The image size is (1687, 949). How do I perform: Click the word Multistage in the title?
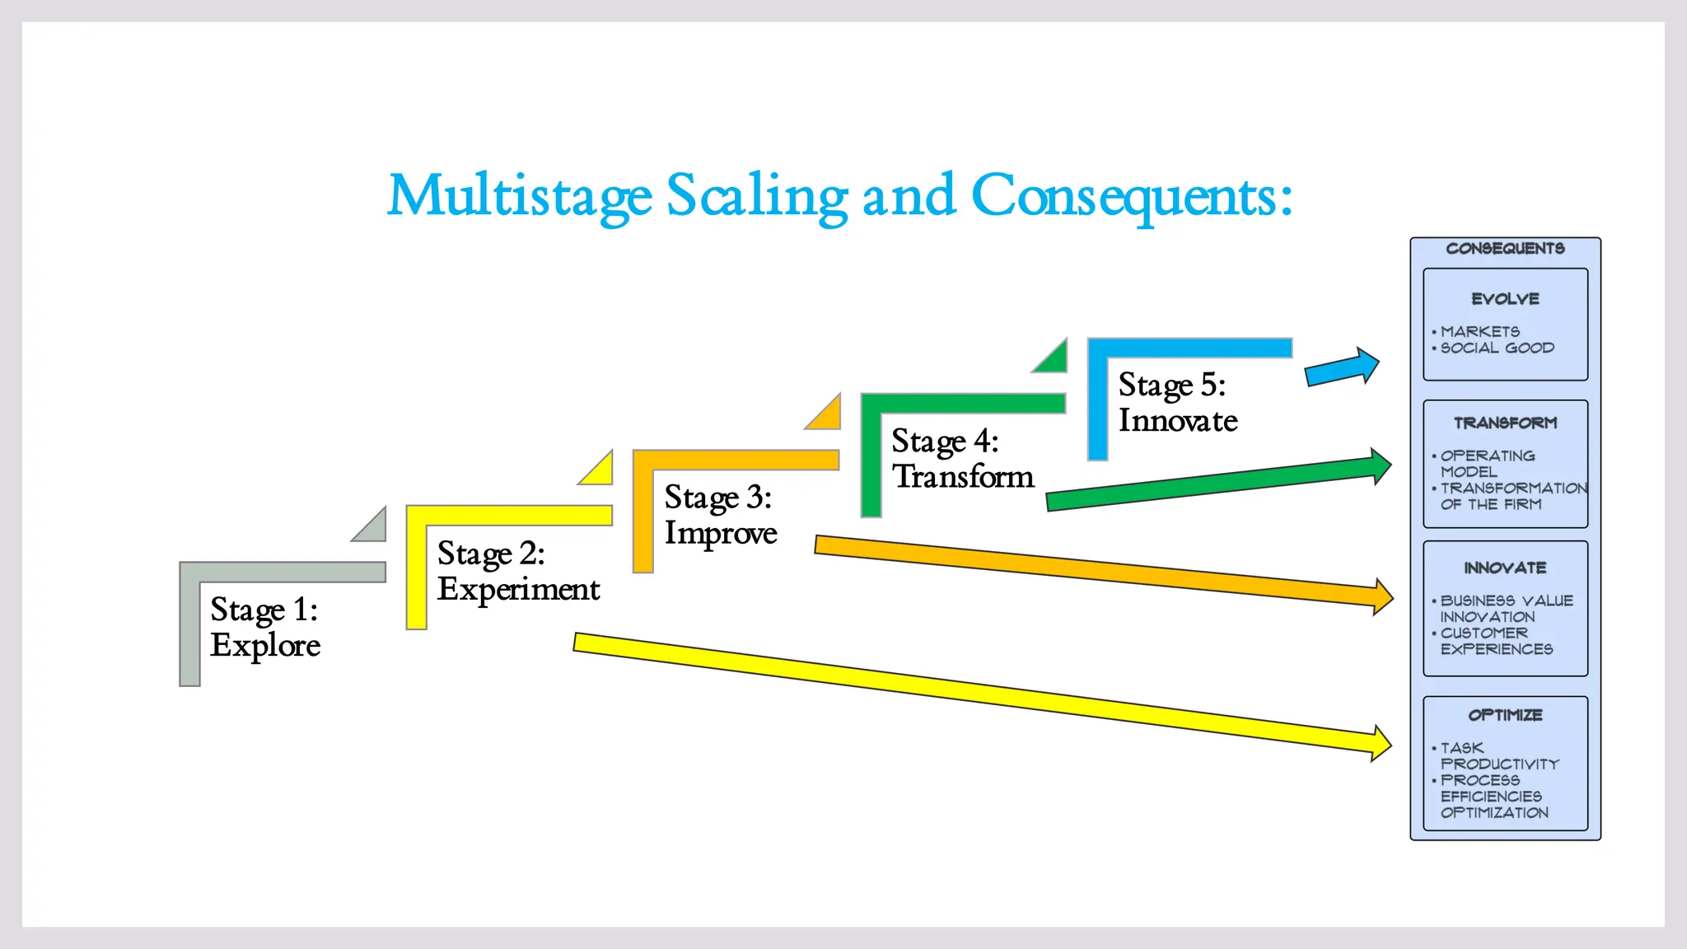point(519,196)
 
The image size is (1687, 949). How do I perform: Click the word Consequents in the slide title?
point(1130,196)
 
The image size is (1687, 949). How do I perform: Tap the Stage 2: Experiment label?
point(518,571)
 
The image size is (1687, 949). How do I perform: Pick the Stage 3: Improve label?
point(720,515)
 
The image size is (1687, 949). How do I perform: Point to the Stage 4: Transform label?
point(962,459)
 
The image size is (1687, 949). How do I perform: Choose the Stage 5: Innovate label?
point(1177,403)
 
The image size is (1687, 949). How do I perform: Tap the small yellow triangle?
point(600,472)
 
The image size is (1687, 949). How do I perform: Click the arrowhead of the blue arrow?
point(1366,365)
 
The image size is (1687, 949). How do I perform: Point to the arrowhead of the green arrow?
point(1381,466)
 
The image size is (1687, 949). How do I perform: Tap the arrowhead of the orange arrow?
point(1382,597)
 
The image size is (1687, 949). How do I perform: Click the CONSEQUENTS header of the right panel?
point(1505,249)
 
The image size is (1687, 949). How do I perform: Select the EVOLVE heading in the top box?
point(1505,299)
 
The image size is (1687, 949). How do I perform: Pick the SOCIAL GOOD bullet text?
point(1497,348)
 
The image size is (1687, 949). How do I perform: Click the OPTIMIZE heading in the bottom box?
point(1505,715)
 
